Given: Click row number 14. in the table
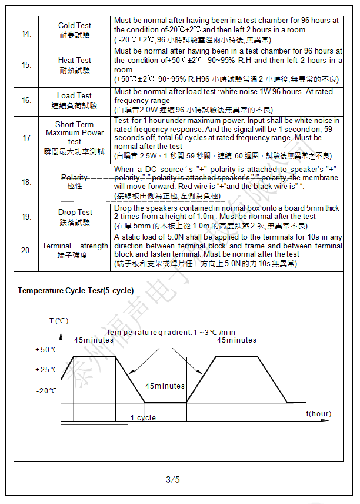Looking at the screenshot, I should pos(26,34).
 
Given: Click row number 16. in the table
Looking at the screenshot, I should pos(26,100).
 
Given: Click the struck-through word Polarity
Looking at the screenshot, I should pos(75,177).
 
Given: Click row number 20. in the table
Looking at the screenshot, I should pos(26,250).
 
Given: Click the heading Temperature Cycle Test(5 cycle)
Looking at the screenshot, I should pos(75,291).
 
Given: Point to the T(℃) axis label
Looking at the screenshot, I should pos(59,321).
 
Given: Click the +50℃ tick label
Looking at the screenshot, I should pos(47,350).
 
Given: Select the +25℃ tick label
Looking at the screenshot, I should pos(47,370).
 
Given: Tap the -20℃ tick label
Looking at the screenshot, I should pos(48,391).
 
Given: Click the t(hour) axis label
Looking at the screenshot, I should pos(318,414).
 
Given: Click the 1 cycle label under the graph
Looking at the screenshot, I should pos(143,418).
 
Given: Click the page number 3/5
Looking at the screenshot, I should pos(173,479).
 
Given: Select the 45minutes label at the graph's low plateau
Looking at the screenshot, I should pos(165,386).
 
